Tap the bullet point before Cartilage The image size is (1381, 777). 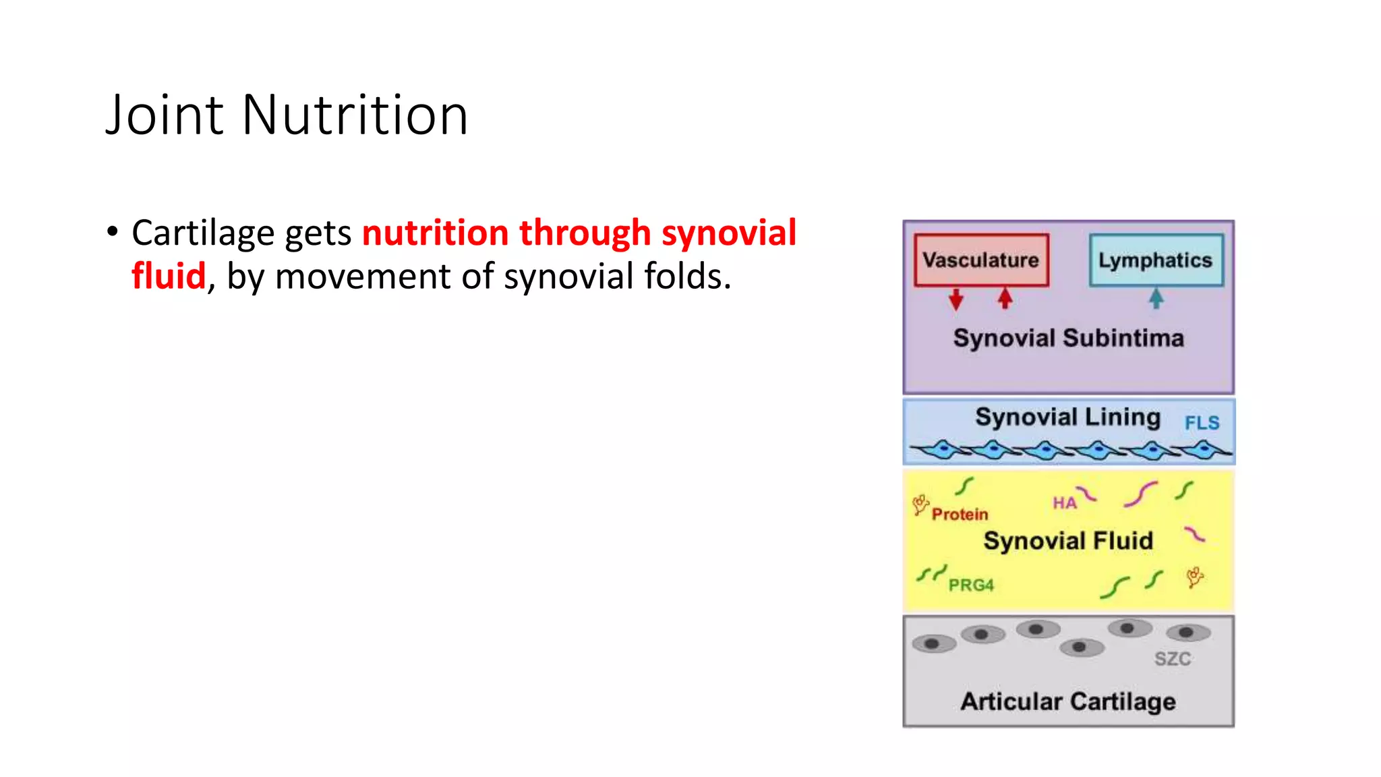tap(112, 232)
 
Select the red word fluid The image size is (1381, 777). tap(168, 276)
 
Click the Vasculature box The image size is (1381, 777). tap(981, 260)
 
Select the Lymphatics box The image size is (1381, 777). tap(1155, 260)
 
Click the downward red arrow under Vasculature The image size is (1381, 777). tap(956, 299)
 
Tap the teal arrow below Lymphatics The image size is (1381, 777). tap(1156, 298)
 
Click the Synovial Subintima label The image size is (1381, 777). tap(1068, 338)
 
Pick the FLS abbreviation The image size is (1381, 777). tap(1202, 423)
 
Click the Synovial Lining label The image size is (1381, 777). tap(1067, 418)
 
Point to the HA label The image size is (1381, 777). tap(1064, 503)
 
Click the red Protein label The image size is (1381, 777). tap(960, 515)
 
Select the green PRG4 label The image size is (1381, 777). tap(971, 585)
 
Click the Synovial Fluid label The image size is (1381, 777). tap(1068, 541)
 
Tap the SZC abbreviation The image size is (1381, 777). tap(1172, 659)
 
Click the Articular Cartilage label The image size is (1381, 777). tap(1068, 701)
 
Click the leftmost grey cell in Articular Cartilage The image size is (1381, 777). tap(933, 643)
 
